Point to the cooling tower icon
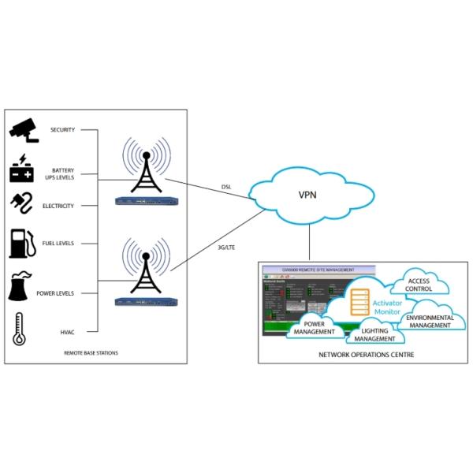tap(23, 289)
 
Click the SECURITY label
tap(62, 129)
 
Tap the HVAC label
tap(66, 331)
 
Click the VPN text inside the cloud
tap(307, 196)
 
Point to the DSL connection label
tap(225, 188)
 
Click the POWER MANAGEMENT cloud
tap(315, 327)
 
